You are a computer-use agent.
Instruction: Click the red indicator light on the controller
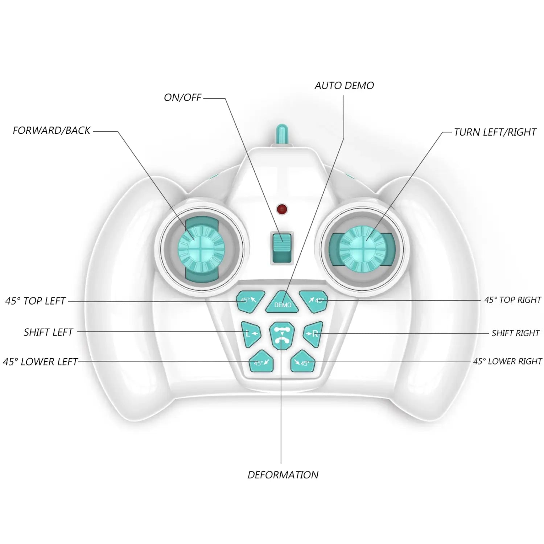pos(282,209)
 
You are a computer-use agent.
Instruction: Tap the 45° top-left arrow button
pos(250,301)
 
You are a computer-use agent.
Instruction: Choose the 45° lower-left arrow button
pos(261,362)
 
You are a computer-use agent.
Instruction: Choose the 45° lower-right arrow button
pos(302,362)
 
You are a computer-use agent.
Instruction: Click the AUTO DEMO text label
pos(344,86)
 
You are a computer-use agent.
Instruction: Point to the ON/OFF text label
pos(182,98)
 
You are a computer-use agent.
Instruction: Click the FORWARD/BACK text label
pos(51,131)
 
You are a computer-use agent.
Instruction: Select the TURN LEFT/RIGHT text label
pos(495,132)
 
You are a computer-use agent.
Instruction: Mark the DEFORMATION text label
pos(283,475)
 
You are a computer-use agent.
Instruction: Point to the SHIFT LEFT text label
pos(48,332)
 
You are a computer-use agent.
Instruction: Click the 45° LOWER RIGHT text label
pos(507,362)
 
